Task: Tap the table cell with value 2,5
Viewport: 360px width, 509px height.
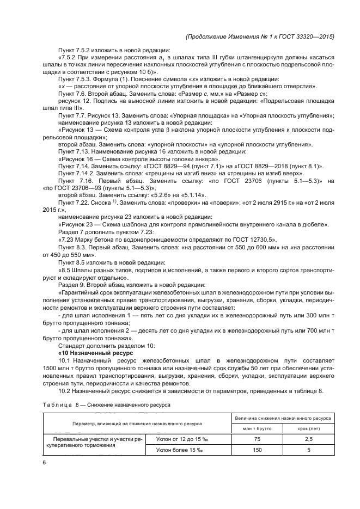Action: pyautogui.click(x=308, y=438)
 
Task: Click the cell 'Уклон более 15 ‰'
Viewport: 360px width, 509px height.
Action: pyautogui.click(x=178, y=450)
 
